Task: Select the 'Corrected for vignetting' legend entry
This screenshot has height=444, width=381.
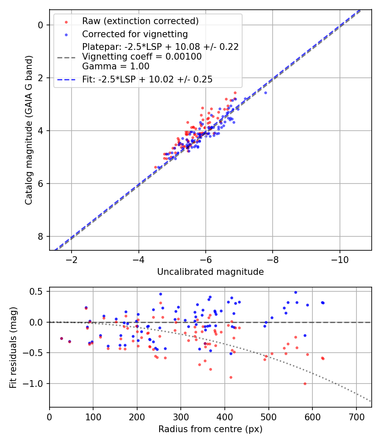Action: click(x=135, y=34)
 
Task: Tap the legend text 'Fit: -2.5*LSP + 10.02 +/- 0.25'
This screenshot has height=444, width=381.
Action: click(x=147, y=79)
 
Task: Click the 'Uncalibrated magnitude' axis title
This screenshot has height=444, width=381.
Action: click(x=210, y=272)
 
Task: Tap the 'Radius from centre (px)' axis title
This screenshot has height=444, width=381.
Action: click(x=210, y=429)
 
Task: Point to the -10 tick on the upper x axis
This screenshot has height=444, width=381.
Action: click(x=340, y=258)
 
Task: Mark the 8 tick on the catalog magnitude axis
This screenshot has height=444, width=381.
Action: click(x=41, y=236)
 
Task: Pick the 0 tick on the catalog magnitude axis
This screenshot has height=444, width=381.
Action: click(x=41, y=25)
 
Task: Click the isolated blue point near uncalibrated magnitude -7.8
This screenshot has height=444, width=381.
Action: click(x=265, y=93)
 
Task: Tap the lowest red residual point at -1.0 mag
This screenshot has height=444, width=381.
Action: click(x=305, y=384)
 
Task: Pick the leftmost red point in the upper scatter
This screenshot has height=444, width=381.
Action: click(x=155, y=167)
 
